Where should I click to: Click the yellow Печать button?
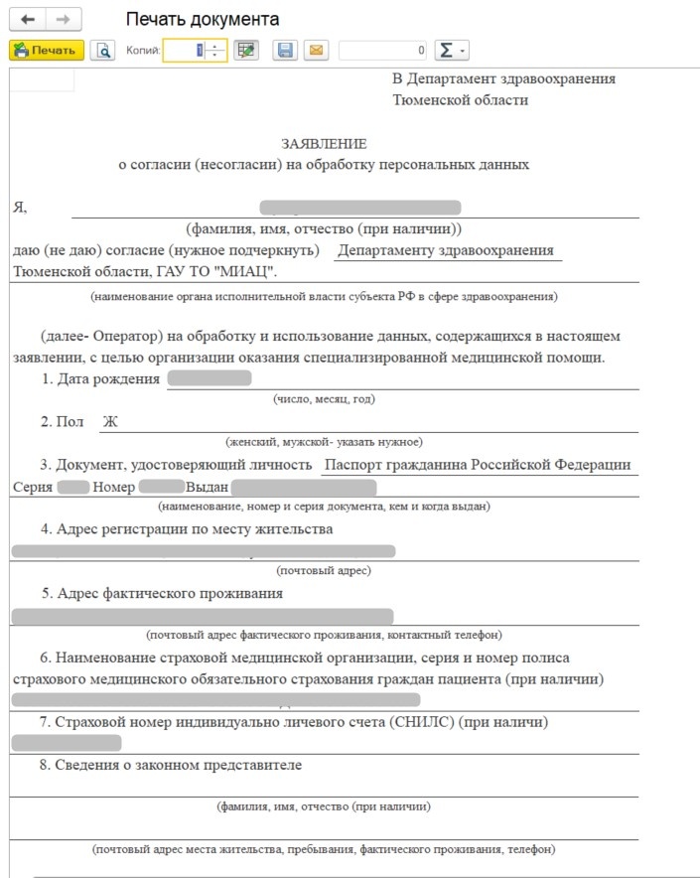[46, 50]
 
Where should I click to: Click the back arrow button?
[28, 20]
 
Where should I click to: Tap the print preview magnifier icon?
[101, 50]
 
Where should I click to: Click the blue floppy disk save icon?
[285, 50]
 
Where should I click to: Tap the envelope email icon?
[316, 50]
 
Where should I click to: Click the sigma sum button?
[452, 50]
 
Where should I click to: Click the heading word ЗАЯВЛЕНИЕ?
[324, 144]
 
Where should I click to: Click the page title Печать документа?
[203, 20]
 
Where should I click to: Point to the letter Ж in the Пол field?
[110, 421]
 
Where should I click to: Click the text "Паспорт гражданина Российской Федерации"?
[478, 465]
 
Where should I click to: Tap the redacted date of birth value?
[210, 378]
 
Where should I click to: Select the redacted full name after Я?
[359, 208]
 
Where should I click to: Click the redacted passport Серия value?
[73, 487]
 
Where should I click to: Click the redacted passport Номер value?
[162, 487]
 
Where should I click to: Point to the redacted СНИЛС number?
[67, 743]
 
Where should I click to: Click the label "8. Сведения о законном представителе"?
[171, 765]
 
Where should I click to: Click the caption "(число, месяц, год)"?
[324, 399]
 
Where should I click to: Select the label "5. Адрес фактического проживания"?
[162, 593]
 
